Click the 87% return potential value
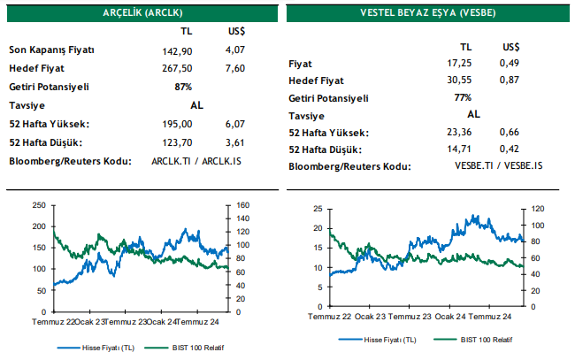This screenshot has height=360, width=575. (184, 87)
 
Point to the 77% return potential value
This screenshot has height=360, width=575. (462, 98)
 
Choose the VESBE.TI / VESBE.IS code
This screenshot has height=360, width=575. (499, 165)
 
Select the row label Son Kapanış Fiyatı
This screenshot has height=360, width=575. (51, 50)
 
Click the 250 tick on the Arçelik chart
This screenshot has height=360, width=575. (38, 205)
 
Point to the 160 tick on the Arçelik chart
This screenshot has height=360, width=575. (243, 205)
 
